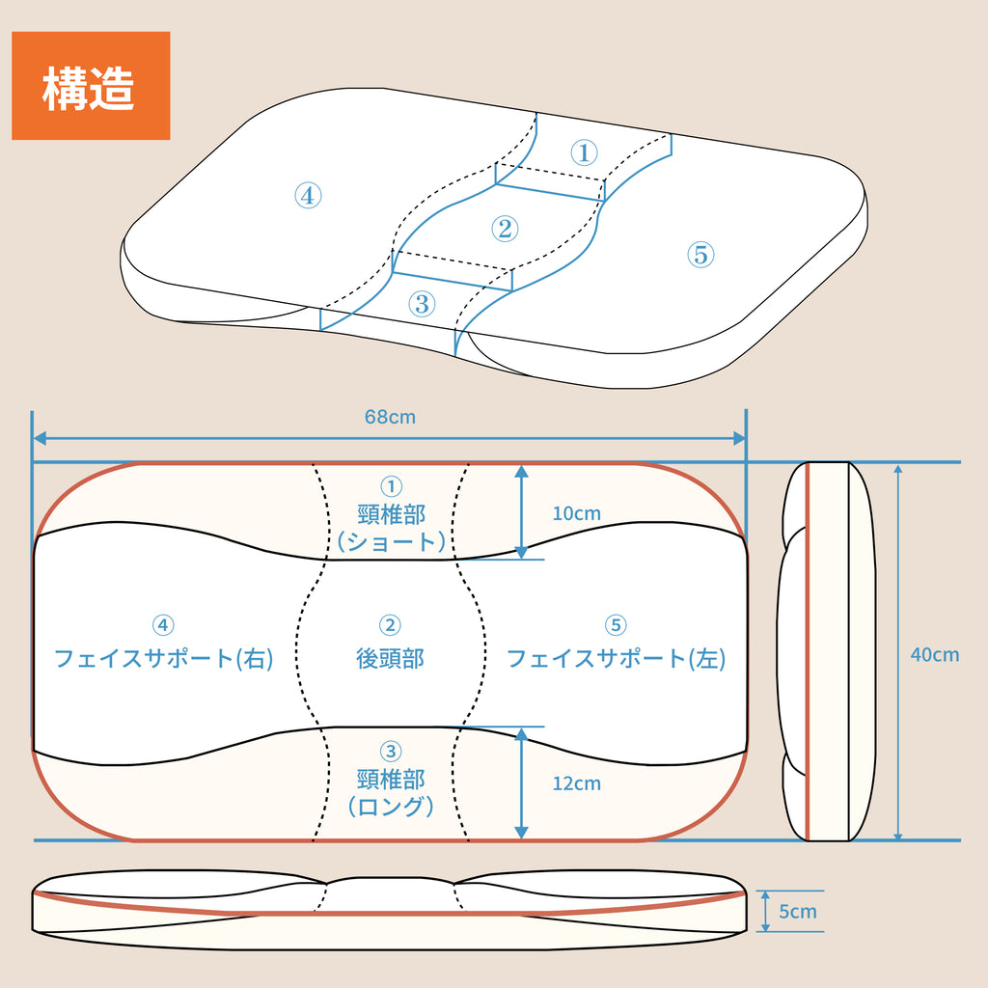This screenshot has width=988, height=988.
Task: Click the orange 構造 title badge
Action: tap(91, 86)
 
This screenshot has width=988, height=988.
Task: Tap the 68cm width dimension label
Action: tap(390, 417)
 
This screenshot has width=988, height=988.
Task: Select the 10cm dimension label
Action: tap(576, 513)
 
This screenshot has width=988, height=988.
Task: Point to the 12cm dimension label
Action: tap(576, 783)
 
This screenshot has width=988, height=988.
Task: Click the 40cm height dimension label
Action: tap(935, 654)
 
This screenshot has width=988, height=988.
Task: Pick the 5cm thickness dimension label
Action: tap(798, 912)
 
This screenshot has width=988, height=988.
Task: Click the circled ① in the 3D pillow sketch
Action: tap(584, 152)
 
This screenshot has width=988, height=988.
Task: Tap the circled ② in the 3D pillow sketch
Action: tap(505, 229)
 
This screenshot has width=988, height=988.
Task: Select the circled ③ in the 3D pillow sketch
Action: tap(422, 304)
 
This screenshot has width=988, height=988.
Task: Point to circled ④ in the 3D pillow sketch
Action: tap(307, 196)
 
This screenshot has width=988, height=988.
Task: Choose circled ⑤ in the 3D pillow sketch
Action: tap(700, 255)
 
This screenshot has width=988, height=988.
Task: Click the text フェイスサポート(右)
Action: tap(163, 659)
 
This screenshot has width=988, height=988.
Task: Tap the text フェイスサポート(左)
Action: tap(616, 659)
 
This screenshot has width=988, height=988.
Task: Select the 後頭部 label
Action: tap(390, 659)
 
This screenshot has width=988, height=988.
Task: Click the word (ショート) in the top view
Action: tap(391, 541)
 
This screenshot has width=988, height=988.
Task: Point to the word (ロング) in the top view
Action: tap(391, 807)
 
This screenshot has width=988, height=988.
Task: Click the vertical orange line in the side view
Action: tap(807, 652)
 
